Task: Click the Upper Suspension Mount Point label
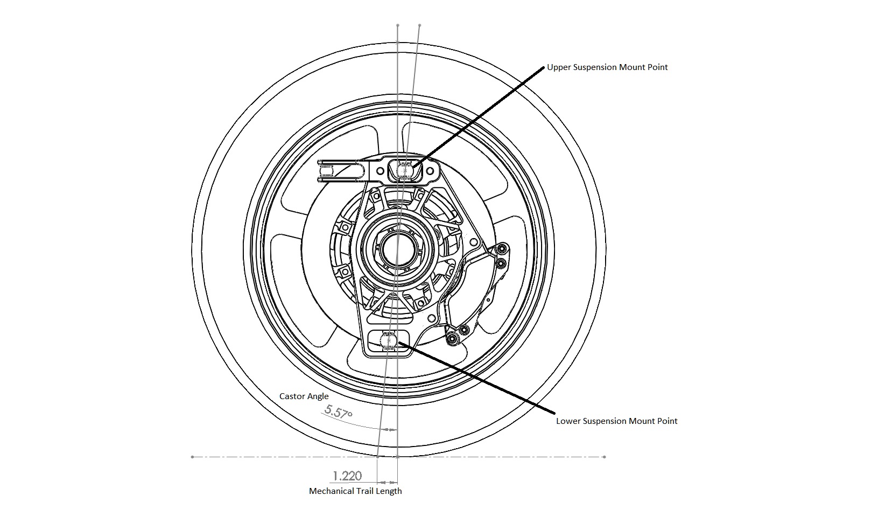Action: click(x=607, y=67)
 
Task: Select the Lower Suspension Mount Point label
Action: click(x=616, y=421)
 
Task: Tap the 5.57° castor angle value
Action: click(x=339, y=412)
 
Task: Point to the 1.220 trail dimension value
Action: click(x=347, y=476)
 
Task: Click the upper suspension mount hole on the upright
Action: click(x=403, y=170)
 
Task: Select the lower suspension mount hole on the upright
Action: click(x=388, y=340)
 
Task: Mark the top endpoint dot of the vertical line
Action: click(x=397, y=25)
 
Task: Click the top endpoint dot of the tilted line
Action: click(x=419, y=25)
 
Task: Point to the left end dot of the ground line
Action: click(x=192, y=457)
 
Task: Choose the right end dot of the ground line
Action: click(x=604, y=457)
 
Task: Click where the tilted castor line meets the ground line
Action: click(x=378, y=457)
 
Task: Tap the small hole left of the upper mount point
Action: click(x=380, y=171)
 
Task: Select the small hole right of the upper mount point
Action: click(x=430, y=171)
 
